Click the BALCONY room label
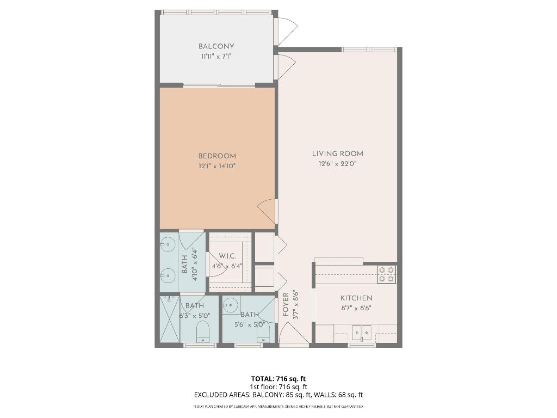click(216, 47)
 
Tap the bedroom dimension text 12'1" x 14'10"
click(216, 166)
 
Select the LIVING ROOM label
click(337, 154)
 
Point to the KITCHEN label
click(356, 298)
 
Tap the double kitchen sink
click(361, 331)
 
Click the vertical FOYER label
click(286, 305)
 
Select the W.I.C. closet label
click(227, 256)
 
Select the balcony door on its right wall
click(284, 30)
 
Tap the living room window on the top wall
click(369, 50)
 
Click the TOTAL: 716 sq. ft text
click(278, 379)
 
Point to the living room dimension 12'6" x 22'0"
click(337, 164)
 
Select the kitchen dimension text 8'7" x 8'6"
click(356, 308)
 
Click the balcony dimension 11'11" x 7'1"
click(216, 56)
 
